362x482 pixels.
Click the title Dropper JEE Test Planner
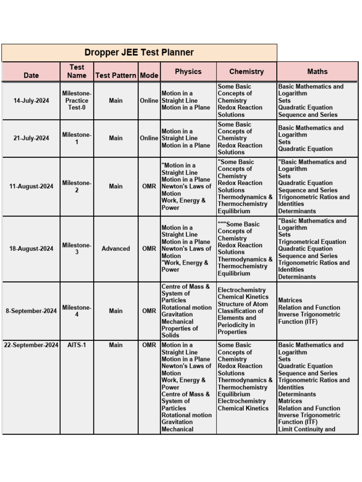(139, 53)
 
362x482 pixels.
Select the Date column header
(31, 75)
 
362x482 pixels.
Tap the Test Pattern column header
(115, 75)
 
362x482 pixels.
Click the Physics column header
(188, 72)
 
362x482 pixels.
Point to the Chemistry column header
(246, 72)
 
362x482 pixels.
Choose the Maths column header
(317, 72)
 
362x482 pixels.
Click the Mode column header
(149, 75)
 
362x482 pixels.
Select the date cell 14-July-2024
(31, 101)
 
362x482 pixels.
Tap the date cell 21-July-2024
(31, 138)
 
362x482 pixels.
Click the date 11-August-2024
(31, 186)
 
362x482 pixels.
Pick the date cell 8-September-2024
(31, 311)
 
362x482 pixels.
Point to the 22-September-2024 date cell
(31, 345)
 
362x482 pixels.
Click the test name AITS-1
(77, 345)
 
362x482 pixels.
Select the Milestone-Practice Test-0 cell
(77, 101)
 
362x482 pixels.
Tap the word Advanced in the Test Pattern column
(115, 249)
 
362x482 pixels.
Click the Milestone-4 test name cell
(77, 311)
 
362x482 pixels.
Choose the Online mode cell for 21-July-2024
(149, 138)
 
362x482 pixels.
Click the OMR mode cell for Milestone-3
(149, 249)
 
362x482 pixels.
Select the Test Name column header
(77, 72)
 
